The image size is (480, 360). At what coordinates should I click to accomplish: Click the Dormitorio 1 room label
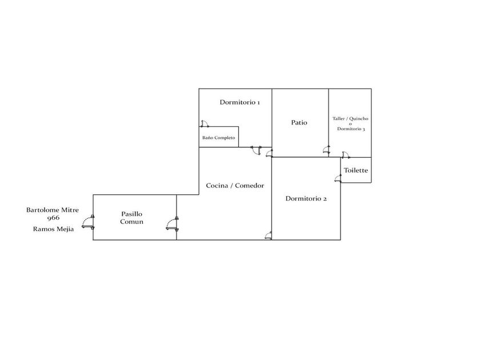(x=239, y=103)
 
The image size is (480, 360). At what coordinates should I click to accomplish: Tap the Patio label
(x=299, y=122)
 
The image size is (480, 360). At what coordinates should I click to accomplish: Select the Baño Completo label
(x=218, y=138)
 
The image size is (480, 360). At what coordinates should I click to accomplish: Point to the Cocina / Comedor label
(x=235, y=186)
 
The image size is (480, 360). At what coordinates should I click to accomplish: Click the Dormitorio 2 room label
(x=306, y=199)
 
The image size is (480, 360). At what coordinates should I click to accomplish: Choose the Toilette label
(x=355, y=170)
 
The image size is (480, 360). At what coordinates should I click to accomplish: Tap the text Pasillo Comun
(x=131, y=218)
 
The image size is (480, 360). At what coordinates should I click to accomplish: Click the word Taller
(x=340, y=119)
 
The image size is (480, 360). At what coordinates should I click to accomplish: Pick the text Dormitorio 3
(x=351, y=129)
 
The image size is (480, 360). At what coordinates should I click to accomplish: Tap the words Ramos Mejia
(x=53, y=230)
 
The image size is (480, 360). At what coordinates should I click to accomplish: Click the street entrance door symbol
(x=88, y=222)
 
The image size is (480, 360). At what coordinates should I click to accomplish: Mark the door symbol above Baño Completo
(x=205, y=123)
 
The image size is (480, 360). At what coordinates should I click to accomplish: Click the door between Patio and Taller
(x=326, y=150)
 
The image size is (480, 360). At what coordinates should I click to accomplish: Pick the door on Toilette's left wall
(x=337, y=177)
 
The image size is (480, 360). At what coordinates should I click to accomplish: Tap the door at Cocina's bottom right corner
(x=269, y=235)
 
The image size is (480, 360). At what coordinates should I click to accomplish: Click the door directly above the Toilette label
(x=345, y=154)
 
